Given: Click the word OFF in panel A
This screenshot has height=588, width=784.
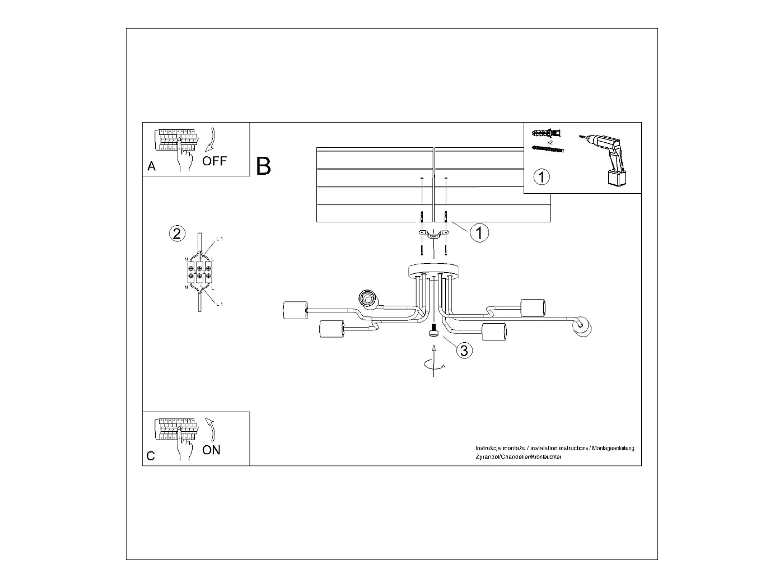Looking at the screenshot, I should coord(214,161).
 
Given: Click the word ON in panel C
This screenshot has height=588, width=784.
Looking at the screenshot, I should coord(212,450).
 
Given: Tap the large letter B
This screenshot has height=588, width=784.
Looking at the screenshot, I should coord(264,166).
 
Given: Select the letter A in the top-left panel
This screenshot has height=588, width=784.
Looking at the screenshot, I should coord(151,166).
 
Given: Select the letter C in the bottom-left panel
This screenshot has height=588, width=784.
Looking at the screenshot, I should coord(151,456).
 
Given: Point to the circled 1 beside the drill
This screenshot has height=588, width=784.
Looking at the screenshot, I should coord(542,177).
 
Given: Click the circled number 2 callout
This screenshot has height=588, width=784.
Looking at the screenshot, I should coord(177,233).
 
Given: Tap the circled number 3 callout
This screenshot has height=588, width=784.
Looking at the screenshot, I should coord(464,351).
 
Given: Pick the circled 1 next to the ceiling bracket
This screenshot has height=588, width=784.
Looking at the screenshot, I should coord(479,232).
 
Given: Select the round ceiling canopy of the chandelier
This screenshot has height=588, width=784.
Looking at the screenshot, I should coord(433,270).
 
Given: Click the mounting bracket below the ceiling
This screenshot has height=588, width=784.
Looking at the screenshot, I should coord(433,234).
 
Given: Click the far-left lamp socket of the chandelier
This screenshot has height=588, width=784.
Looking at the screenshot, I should coord(296,310).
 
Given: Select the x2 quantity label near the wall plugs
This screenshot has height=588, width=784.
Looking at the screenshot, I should coord(550,143).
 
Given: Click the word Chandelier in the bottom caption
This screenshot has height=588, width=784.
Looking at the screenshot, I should coord(518,457).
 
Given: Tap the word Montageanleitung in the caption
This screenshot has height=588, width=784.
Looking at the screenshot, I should coord(615,448).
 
